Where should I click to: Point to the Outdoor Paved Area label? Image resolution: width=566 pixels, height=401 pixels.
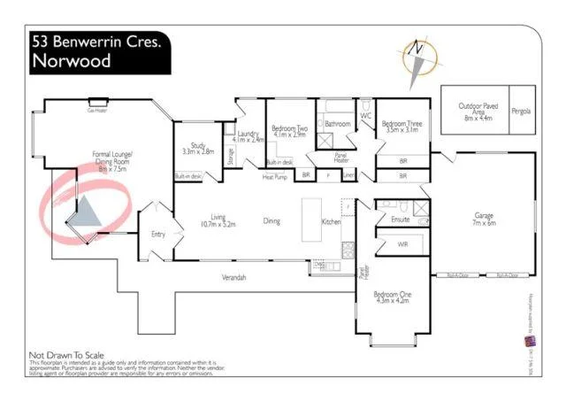[478, 109]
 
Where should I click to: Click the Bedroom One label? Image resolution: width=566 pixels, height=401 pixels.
[391, 297]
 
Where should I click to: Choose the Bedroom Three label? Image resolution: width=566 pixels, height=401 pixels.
[401, 126]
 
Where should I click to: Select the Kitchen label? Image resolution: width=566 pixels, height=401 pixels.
[331, 220]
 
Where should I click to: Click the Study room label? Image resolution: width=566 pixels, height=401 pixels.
[197, 149]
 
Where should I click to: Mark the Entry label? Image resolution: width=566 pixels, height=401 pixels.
[158, 234]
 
